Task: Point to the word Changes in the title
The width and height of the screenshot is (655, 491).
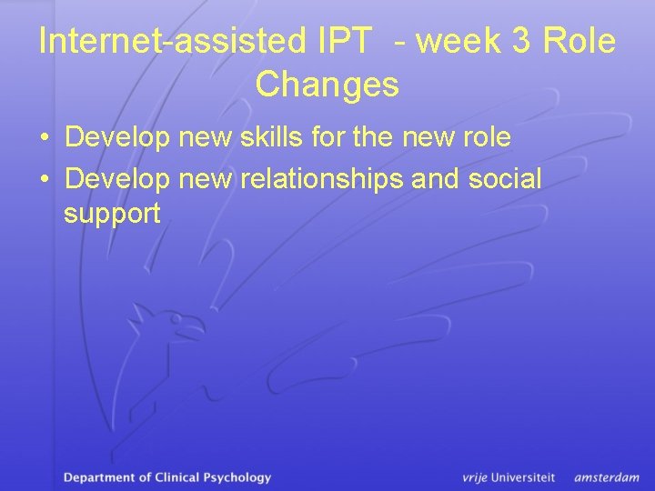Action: click(327, 85)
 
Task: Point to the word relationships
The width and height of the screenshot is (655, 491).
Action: click(322, 179)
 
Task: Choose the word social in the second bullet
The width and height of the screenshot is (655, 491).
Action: click(504, 178)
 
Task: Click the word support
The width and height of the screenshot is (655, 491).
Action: click(112, 215)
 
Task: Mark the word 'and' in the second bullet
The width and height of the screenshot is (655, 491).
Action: click(435, 178)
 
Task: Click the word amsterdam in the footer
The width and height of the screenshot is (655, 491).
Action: click(606, 477)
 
